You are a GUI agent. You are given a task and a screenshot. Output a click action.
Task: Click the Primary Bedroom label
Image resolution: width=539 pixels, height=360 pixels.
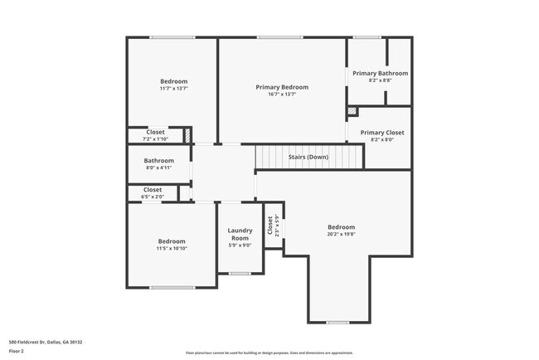282,87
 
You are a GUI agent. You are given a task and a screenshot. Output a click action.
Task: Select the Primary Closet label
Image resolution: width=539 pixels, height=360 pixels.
382,132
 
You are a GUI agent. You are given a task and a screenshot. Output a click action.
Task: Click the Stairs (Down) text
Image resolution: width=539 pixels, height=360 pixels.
308,157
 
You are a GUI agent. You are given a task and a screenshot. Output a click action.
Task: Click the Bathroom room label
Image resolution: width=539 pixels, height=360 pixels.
158,160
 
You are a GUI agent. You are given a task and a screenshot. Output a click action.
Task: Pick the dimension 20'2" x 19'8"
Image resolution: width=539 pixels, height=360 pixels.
341,235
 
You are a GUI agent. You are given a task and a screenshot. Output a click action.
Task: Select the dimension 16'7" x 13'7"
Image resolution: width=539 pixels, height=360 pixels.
282,95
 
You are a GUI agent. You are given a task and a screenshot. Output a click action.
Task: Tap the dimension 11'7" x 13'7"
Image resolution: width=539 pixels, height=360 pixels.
173,89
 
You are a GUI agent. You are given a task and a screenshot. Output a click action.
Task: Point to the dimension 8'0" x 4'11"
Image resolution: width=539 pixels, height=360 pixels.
158,168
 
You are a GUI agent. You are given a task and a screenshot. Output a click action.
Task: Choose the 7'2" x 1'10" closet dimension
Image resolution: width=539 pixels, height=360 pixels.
155,139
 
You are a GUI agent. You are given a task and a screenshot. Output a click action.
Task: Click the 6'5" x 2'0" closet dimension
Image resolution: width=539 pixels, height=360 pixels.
153,197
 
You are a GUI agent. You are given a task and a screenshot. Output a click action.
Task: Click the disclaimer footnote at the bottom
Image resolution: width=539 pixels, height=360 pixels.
269,353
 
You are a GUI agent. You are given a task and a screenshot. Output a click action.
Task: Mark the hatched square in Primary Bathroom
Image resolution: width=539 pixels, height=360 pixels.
353,109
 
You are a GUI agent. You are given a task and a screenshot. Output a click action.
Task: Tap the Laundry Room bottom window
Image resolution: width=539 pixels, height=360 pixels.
240,273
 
